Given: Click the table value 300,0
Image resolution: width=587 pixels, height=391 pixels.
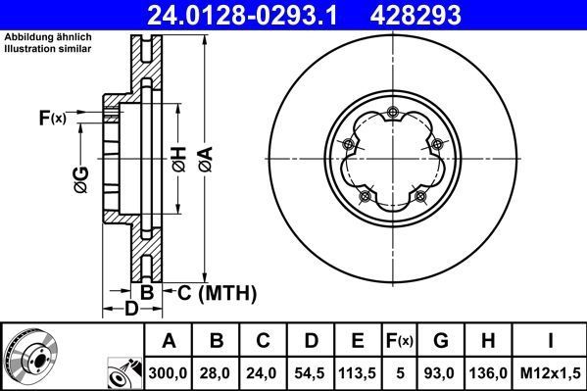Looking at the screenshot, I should coord(169,373).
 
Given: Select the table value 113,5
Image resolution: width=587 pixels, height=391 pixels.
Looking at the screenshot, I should coord(359,373).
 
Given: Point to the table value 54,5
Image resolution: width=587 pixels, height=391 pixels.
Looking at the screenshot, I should coord(311,373).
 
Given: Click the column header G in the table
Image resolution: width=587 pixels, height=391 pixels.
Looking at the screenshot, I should coord(441,341).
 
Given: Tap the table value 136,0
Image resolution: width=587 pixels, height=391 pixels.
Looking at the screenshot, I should coord(489,373).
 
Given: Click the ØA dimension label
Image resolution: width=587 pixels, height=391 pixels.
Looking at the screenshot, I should coord(205,156).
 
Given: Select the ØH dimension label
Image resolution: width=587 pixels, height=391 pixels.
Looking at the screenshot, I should coord(179,157).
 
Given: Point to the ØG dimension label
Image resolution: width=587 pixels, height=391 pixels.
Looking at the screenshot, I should coord(81,179).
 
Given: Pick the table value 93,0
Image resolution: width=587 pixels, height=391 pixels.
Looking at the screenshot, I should coord(441,373).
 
